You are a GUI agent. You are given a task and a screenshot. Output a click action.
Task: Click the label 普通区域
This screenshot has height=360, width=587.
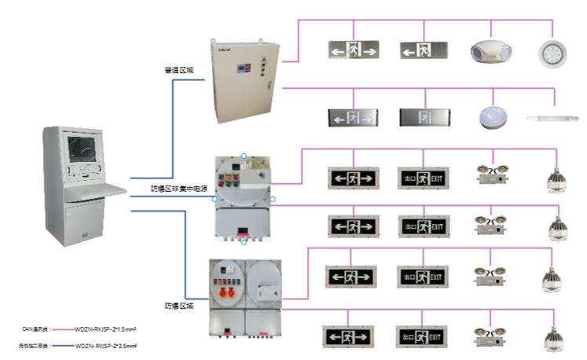(178, 70)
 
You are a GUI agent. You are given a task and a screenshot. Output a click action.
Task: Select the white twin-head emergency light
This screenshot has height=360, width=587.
(485, 51)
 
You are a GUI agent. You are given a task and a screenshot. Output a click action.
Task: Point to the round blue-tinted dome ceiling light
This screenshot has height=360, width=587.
(490, 117)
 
